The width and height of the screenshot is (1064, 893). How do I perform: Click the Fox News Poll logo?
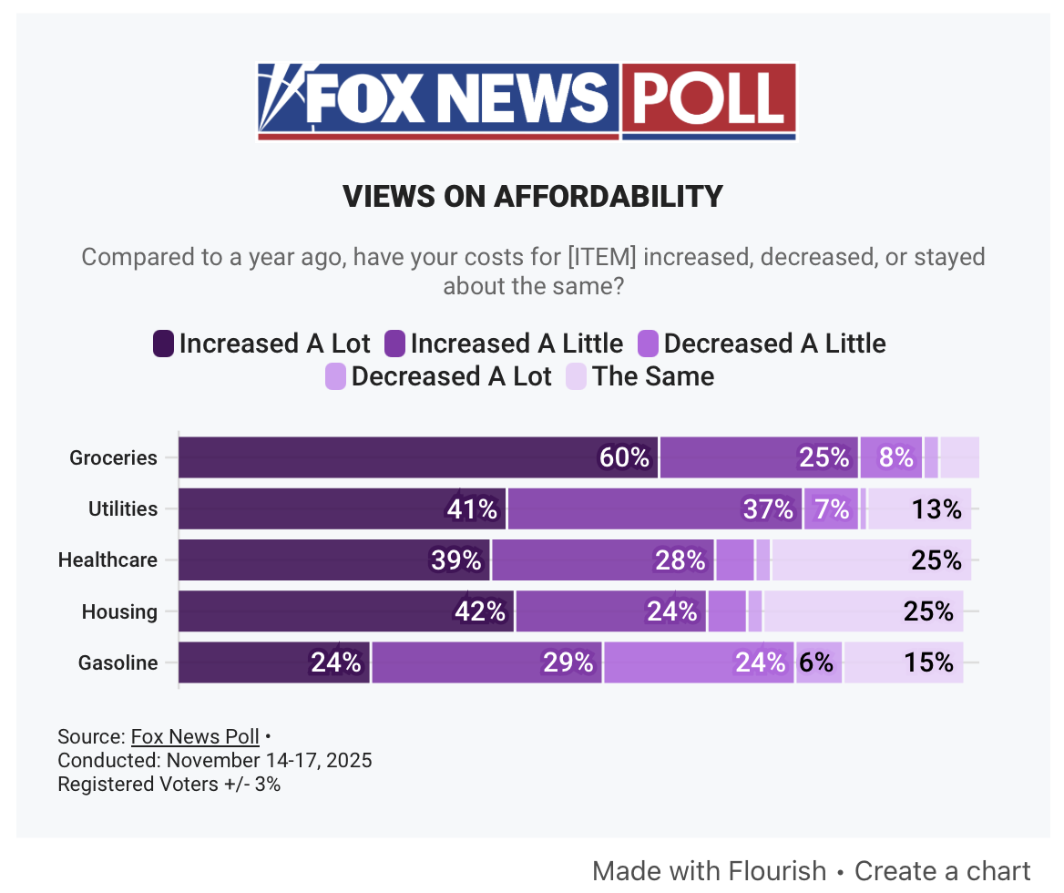pos(527,101)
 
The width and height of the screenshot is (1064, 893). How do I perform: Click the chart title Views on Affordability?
pos(532,196)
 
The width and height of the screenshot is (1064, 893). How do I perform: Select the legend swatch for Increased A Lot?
pos(164,344)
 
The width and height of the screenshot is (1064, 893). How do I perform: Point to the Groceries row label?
pos(113,457)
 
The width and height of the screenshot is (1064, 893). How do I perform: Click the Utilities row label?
pos(122,508)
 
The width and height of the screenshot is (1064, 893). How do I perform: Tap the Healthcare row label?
pos(107,559)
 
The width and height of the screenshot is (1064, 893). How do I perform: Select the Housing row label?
pos(119,611)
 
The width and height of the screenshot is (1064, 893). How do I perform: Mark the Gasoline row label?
pos(118,662)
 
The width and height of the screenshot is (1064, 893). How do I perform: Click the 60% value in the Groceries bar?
pos(624,457)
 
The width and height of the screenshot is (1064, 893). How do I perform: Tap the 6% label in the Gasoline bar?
pos(816,662)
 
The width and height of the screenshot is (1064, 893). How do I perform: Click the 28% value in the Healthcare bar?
pos(680,559)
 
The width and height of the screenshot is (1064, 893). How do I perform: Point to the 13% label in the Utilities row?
pos(936,508)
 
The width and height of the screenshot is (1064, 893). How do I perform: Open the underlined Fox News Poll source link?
pos(195,736)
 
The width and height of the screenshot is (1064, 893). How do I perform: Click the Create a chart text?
pos(942,870)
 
